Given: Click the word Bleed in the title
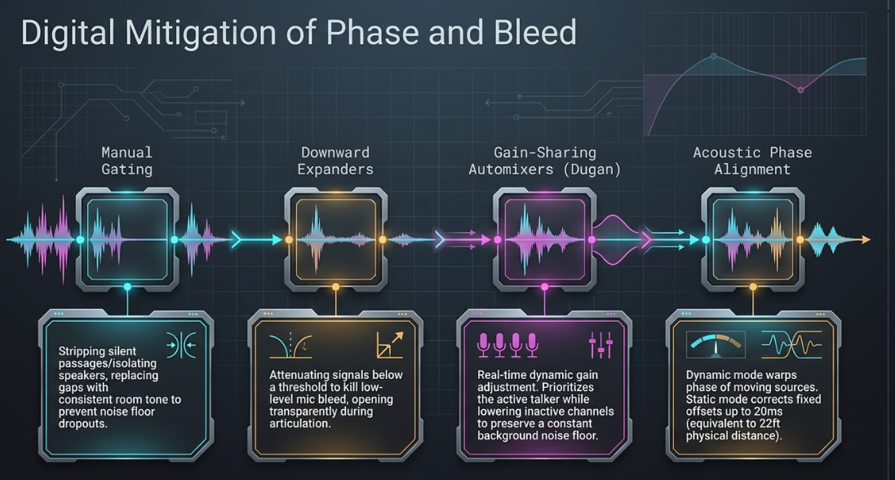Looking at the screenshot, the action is (535, 32).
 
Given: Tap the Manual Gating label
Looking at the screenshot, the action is (126, 161).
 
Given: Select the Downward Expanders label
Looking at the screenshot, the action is (335, 161).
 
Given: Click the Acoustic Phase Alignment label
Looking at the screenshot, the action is (752, 161).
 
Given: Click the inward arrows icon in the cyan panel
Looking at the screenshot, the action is (181, 345).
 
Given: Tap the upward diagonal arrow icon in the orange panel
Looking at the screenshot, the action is (390, 345).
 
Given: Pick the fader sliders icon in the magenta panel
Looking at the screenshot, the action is (601, 345).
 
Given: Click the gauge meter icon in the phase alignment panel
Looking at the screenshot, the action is (716, 345).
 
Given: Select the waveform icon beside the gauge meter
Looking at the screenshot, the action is (791, 345).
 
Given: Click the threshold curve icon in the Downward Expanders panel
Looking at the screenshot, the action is (290, 345).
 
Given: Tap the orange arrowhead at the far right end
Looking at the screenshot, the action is (866, 240).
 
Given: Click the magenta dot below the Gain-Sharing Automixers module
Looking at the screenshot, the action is (544, 287).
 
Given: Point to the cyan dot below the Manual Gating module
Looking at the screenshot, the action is (127, 287).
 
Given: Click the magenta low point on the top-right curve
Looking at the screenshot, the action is (801, 90).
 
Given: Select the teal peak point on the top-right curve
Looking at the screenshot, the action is (714, 56).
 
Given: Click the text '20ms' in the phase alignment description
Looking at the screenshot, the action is (769, 412).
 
